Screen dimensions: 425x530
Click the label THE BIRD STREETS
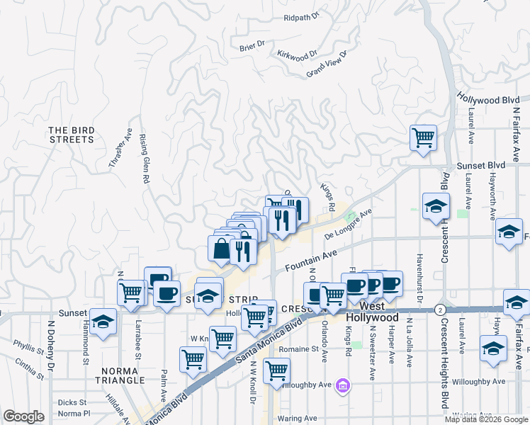coord(71,135)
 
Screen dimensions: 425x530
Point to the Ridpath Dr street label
coord(301,18)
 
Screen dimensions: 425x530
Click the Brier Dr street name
coord(252,45)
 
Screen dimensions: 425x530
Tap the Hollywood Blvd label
coord(488,100)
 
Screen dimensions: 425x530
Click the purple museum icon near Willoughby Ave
coord(343,386)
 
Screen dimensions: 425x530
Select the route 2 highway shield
coord(441,310)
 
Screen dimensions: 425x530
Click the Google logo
coord(23,416)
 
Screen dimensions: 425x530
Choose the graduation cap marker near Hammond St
coord(103,322)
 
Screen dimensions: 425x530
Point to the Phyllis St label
coord(28,344)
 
